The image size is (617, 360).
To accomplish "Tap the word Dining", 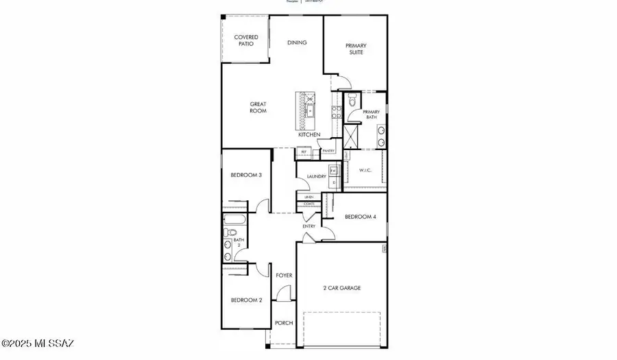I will pos(296,43).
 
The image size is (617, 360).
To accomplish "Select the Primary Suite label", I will pos(354,49).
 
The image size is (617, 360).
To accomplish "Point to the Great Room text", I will pos(258,107).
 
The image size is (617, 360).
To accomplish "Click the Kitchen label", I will pos(308,134).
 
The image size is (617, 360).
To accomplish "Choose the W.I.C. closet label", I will pos(365,170).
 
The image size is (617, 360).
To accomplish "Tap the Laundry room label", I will pos(316,176).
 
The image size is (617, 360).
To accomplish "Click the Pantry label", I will pos(328,151).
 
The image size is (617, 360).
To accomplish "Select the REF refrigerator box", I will pos(304,152).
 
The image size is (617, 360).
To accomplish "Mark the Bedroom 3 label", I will pos(245,175).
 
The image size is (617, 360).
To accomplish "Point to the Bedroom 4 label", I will pos(360,217).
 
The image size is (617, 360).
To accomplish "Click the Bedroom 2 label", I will pos(245,300).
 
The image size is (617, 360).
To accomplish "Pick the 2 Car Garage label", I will pos(341,287).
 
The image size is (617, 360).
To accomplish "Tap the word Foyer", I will pos(284,275).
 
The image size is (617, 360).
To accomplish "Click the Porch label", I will pos(283,322).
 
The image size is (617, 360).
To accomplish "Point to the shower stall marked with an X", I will pos(351,136).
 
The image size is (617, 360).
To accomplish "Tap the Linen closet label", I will pos(309,197).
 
